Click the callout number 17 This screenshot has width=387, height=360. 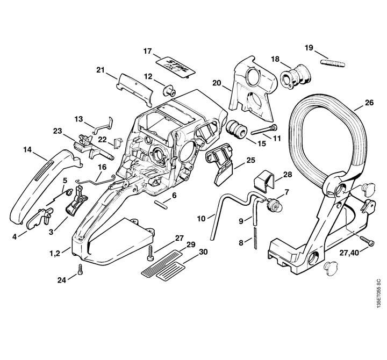tap(148, 51)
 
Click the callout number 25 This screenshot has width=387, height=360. tap(250, 160)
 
